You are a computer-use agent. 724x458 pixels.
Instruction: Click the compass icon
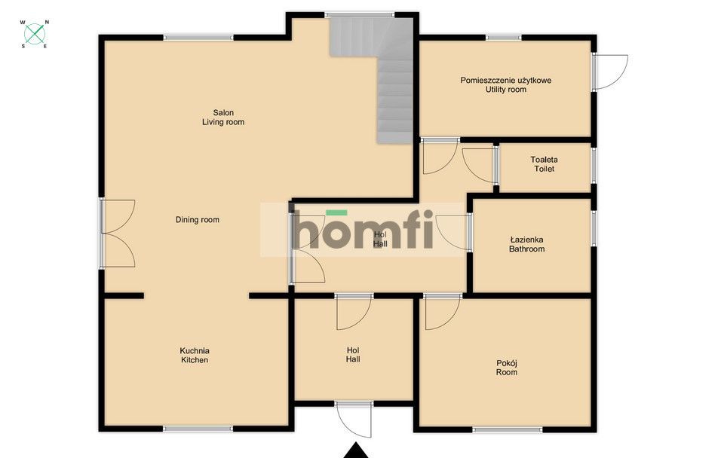click(x=34, y=33)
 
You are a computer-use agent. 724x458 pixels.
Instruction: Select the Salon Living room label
click(x=223, y=117)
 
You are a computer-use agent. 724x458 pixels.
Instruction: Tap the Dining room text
click(x=198, y=220)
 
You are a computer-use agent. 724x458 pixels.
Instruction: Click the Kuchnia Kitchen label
click(x=195, y=355)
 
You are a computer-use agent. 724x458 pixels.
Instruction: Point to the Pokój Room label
click(x=507, y=368)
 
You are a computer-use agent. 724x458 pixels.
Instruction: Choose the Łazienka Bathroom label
click(x=526, y=243)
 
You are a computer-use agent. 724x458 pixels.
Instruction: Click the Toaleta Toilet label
click(x=544, y=164)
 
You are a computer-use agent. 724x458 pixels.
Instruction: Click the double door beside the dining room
click(x=118, y=233)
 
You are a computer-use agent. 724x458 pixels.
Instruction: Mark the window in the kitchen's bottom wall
click(x=198, y=429)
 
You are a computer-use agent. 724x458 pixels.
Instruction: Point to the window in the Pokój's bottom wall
click(x=507, y=429)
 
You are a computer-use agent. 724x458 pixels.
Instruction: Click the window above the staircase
click(x=359, y=14)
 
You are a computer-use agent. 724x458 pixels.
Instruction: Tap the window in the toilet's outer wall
click(x=594, y=165)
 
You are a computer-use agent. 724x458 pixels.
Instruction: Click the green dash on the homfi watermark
click(x=336, y=213)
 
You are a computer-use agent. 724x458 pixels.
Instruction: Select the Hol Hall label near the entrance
click(x=353, y=355)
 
